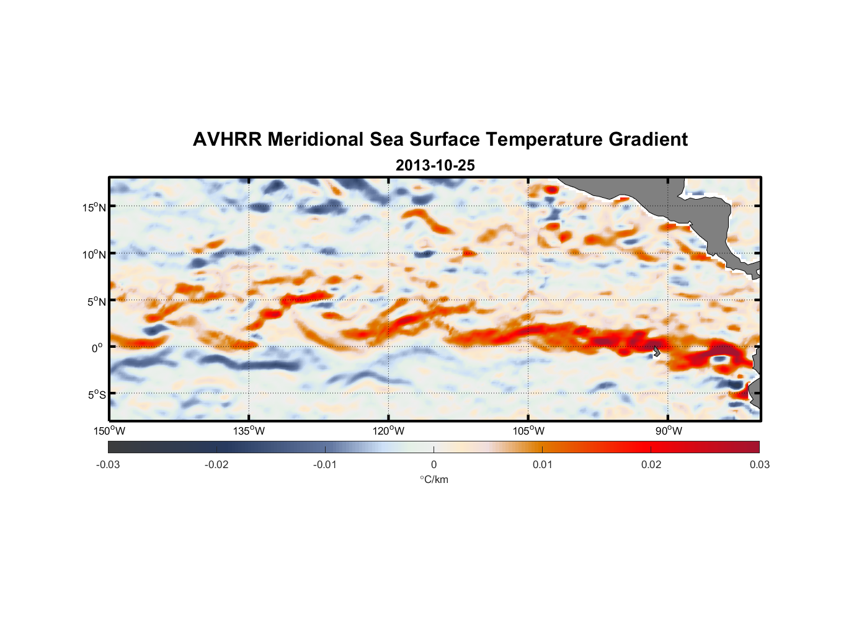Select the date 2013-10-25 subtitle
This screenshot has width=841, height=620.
pyautogui.click(x=435, y=166)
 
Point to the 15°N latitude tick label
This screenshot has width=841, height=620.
pyautogui.click(x=94, y=207)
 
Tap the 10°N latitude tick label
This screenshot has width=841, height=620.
pyautogui.click(x=94, y=254)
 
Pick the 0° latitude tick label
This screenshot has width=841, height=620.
pyautogui.click(x=98, y=348)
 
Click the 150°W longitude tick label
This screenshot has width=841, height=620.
pyautogui.click(x=109, y=431)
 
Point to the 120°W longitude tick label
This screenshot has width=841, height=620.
pyautogui.click(x=388, y=431)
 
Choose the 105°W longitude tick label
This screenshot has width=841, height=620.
pyautogui.click(x=528, y=431)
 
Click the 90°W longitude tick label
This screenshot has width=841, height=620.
pyautogui.click(x=669, y=431)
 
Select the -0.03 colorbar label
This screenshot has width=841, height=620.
pyautogui.click(x=108, y=464)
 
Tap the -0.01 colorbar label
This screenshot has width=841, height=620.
pyautogui.click(x=325, y=464)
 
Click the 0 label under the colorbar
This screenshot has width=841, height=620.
pyautogui.click(x=434, y=464)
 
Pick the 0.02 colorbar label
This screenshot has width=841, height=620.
pyautogui.click(x=651, y=464)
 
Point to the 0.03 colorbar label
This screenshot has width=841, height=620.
pyautogui.click(x=759, y=464)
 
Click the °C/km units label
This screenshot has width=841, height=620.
pyautogui.click(x=434, y=479)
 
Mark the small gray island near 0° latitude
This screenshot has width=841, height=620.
pyautogui.click(x=657, y=352)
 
